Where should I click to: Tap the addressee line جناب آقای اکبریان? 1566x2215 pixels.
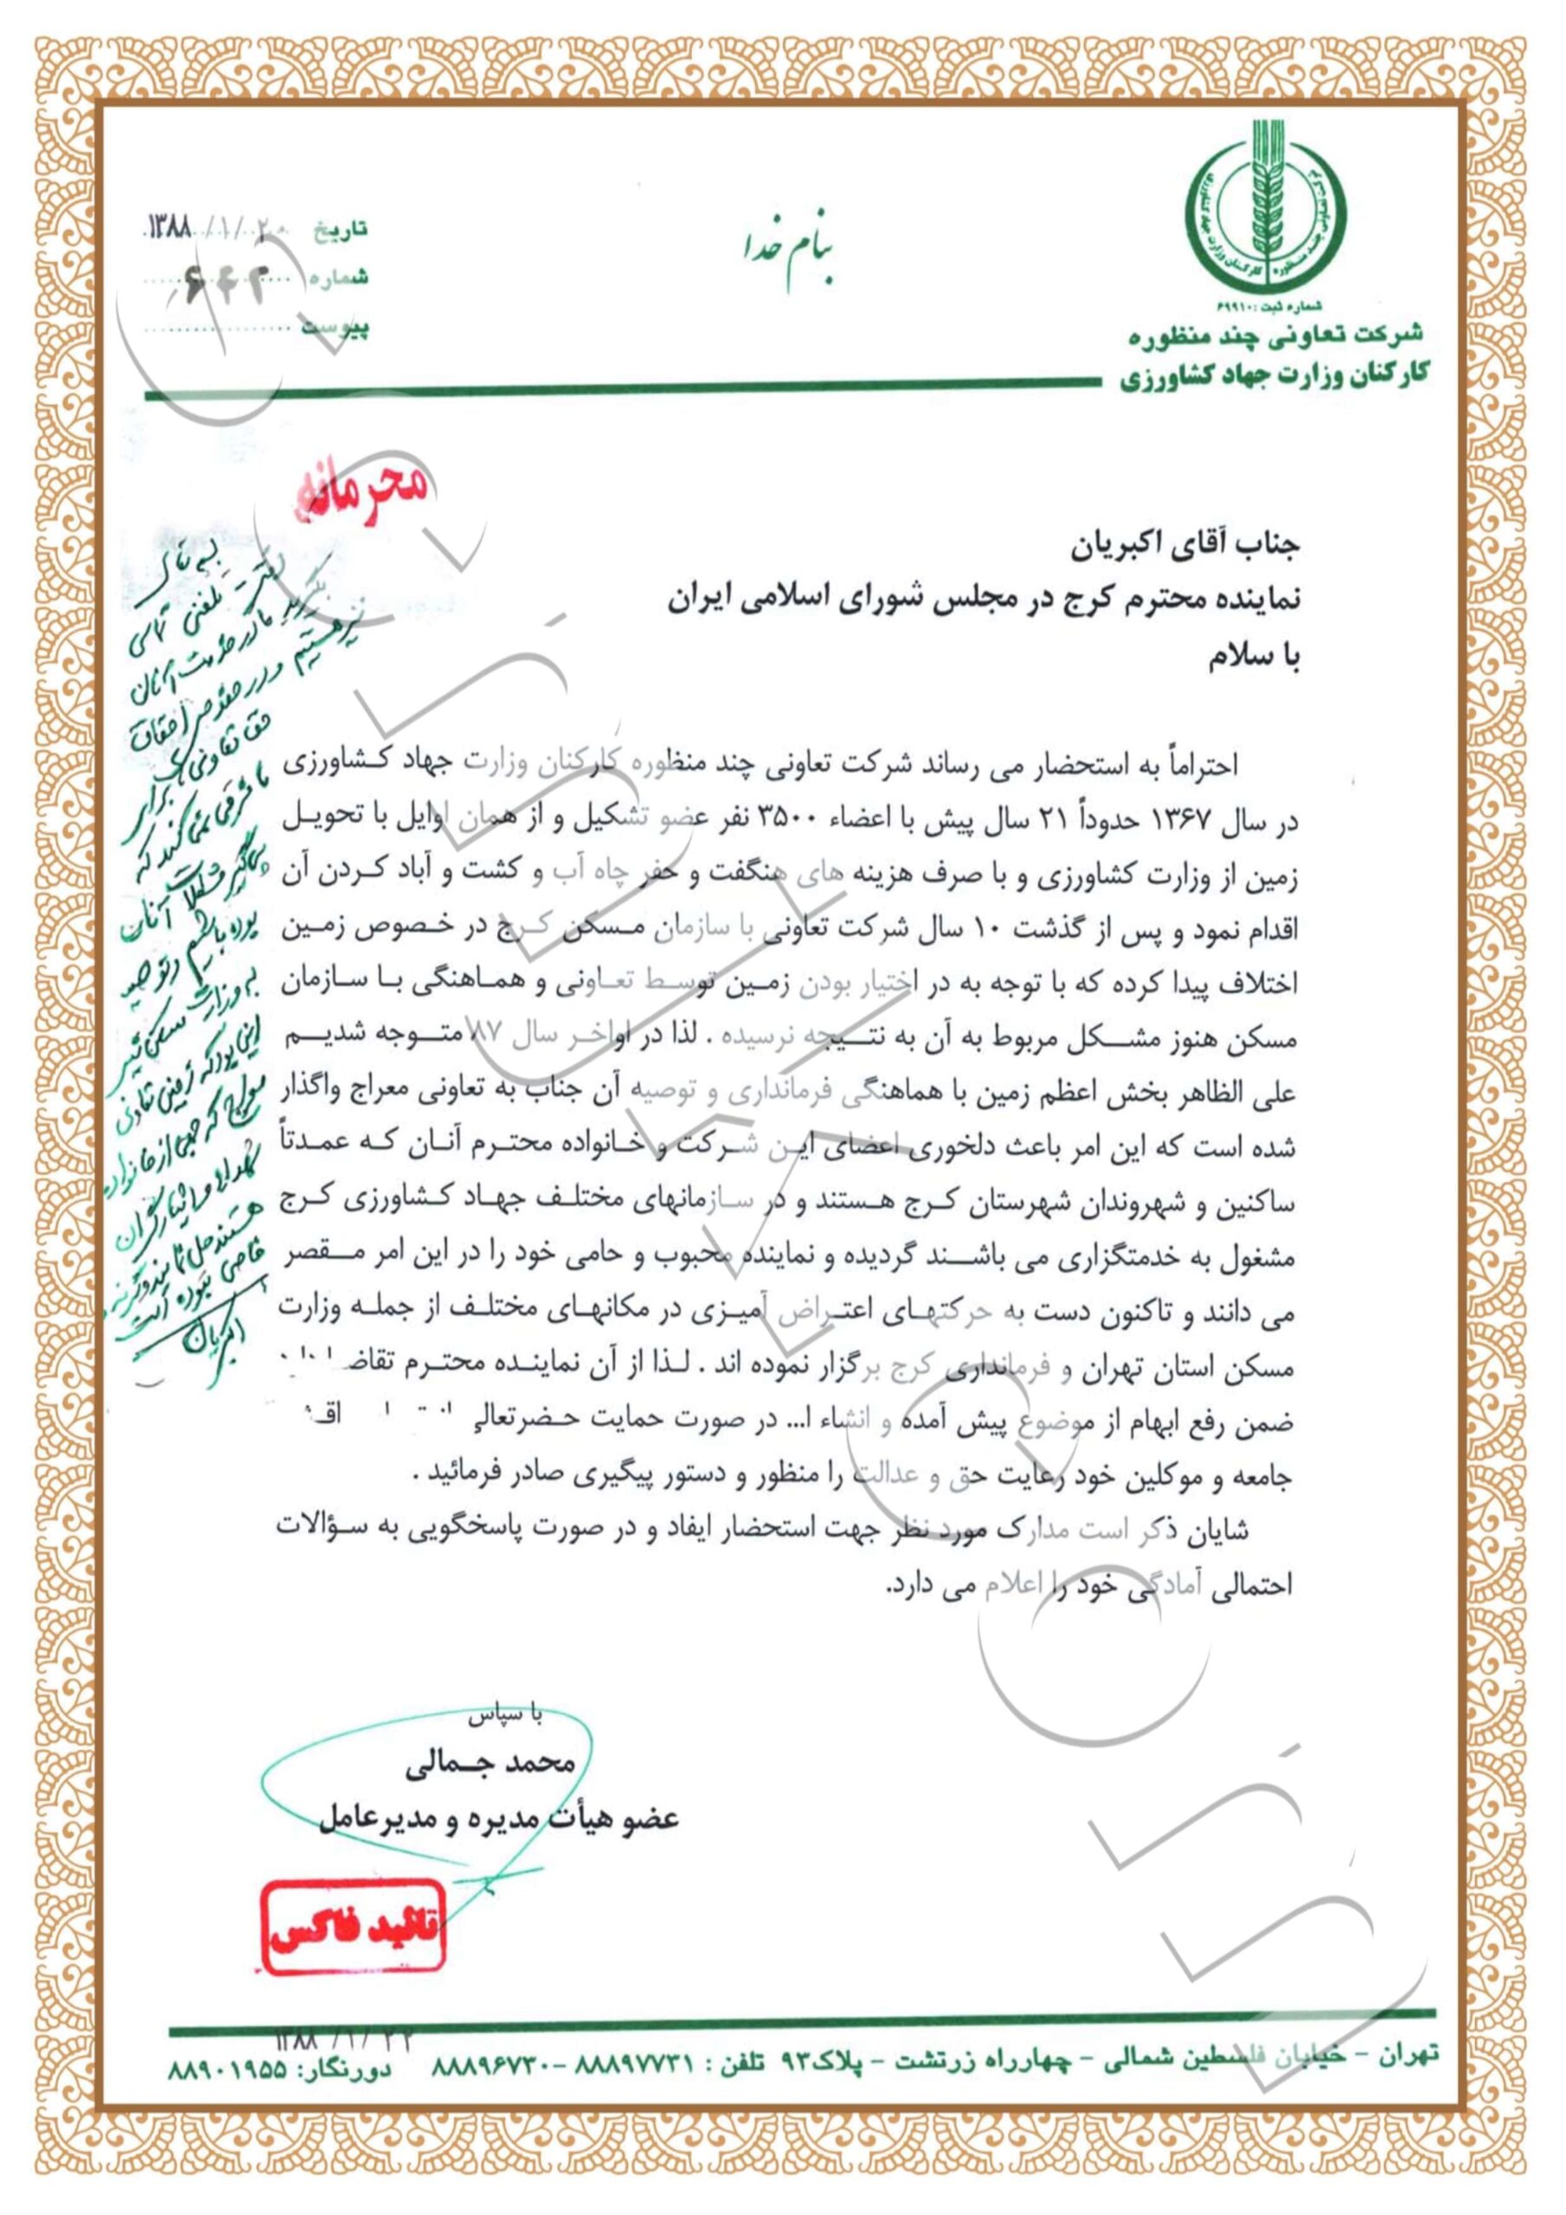tap(1186, 546)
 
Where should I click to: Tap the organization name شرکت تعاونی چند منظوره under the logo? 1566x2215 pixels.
tap(1276, 335)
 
